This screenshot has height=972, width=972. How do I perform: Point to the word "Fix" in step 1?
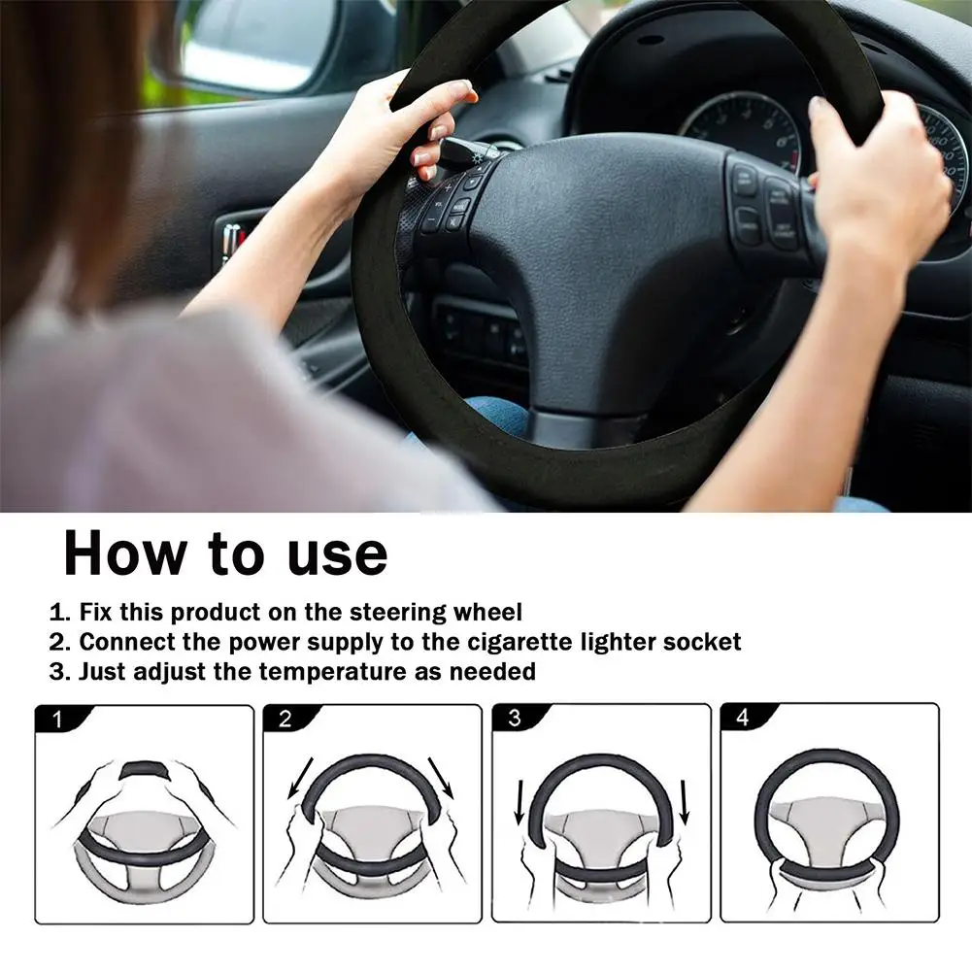click(97, 613)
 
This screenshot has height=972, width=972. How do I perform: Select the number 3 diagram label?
click(514, 720)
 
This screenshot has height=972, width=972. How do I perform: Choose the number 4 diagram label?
click(743, 720)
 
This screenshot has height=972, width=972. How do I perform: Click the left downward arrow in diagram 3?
click(520, 800)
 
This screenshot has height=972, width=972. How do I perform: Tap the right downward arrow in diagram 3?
click(685, 800)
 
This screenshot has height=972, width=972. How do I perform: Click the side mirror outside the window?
click(262, 44)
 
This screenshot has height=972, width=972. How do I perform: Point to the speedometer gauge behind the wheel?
click(743, 126)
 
